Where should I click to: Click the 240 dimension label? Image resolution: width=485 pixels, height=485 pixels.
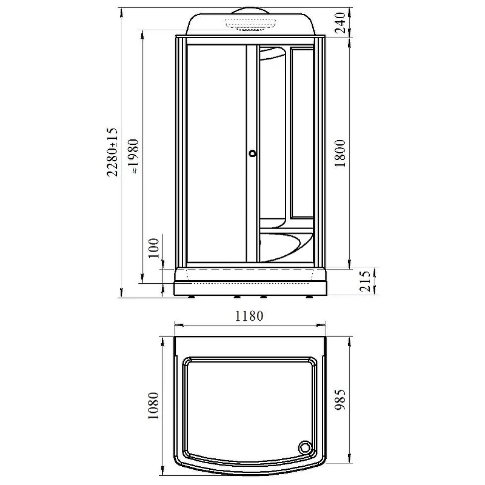(x=340, y=22)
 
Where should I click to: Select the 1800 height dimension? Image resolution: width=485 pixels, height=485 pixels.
(x=340, y=153)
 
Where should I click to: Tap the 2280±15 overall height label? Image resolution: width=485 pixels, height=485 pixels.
(x=112, y=152)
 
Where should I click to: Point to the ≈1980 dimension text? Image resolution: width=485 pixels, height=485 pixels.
(x=133, y=156)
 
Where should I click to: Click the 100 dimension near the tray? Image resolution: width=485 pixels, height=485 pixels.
(x=154, y=248)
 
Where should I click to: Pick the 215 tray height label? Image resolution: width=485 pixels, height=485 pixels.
(x=365, y=281)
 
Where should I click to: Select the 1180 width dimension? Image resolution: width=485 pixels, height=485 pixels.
(x=249, y=316)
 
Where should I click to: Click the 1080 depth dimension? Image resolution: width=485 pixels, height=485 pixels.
(x=153, y=406)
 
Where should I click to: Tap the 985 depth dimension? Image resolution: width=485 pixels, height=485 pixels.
(x=340, y=400)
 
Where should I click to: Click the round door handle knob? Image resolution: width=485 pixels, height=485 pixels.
(x=253, y=153)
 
